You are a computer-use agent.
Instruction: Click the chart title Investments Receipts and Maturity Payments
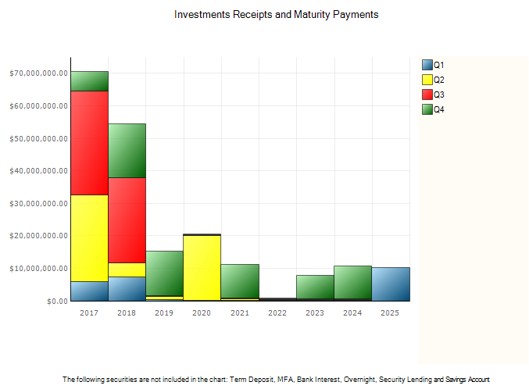click(277, 15)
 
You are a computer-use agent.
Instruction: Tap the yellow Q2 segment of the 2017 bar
click(89, 238)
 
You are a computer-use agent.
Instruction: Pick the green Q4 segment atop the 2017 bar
click(89, 81)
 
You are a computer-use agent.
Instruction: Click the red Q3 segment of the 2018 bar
click(127, 220)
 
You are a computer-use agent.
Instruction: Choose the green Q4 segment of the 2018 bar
click(127, 151)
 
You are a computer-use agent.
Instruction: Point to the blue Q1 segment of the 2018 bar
click(127, 289)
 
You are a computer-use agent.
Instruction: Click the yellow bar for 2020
click(202, 268)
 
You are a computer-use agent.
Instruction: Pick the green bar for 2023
click(315, 287)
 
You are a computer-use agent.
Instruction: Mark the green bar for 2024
click(352, 282)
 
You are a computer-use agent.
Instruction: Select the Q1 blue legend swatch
click(427, 65)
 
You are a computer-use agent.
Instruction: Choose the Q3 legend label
click(439, 95)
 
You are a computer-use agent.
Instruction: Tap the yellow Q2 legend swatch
click(427, 80)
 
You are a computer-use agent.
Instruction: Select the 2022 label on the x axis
click(277, 312)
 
